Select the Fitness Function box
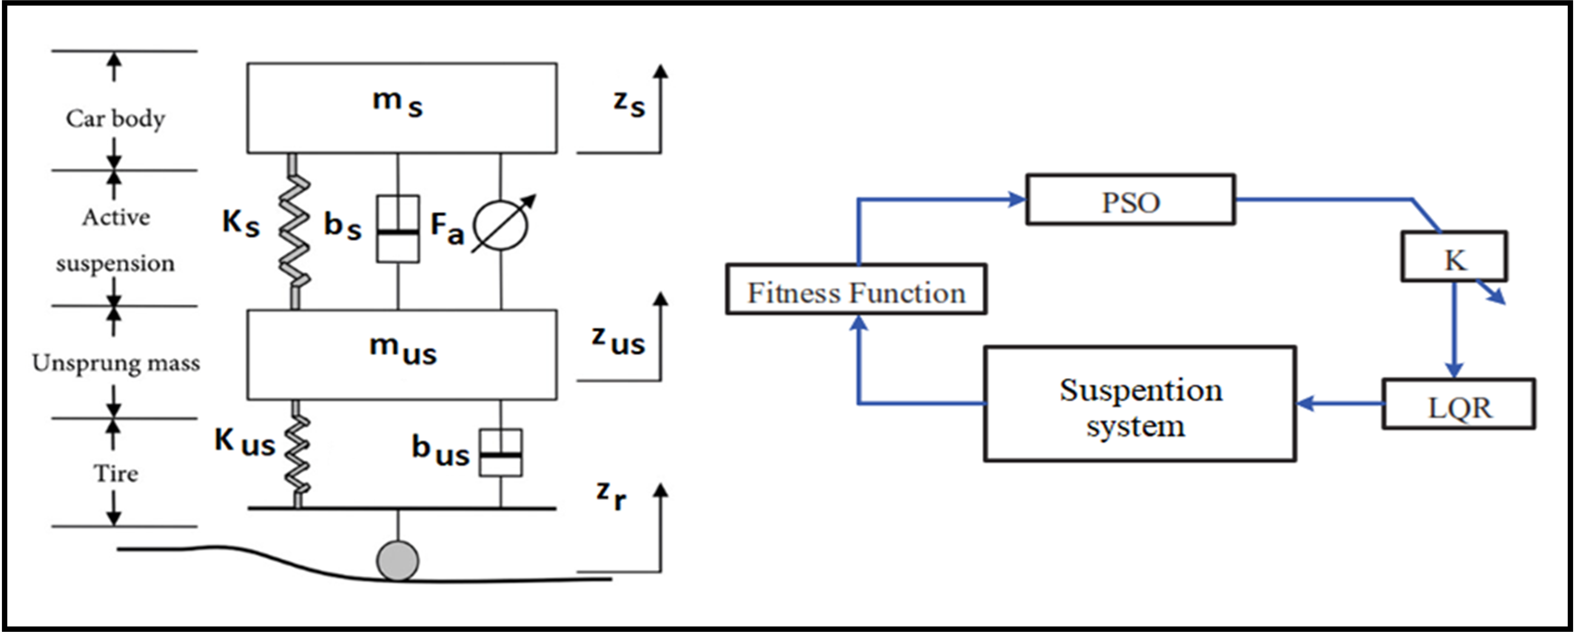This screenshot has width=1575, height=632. pos(856,290)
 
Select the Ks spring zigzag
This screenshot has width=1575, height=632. pos(294,232)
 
